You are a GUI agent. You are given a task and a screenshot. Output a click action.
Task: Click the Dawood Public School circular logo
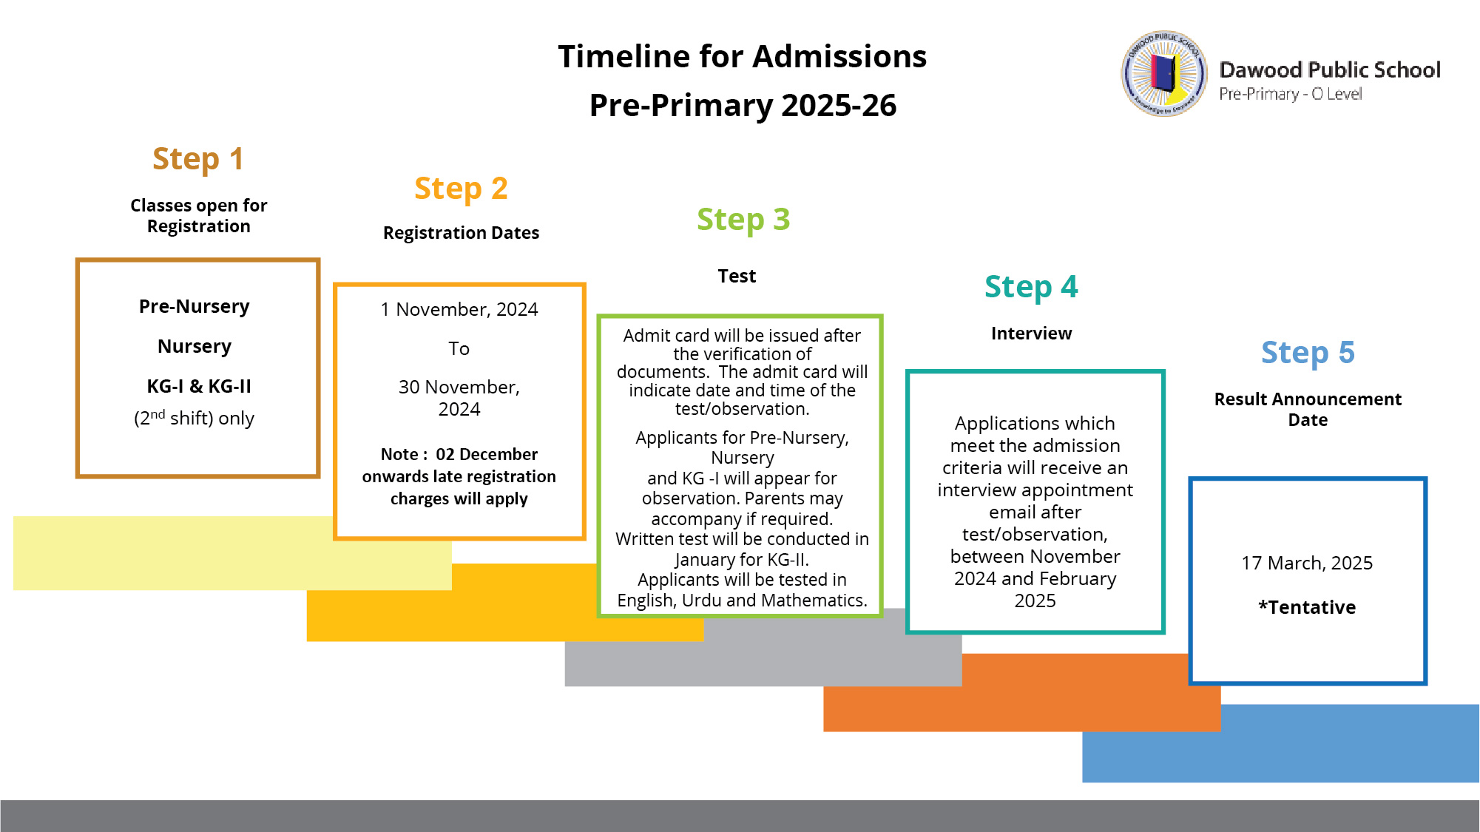[1164, 73]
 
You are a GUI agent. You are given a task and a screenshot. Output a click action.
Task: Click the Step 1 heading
[198, 160]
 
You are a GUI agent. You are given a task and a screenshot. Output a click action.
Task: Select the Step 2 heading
[461, 189]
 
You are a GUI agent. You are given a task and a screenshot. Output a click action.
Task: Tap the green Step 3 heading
[743, 220]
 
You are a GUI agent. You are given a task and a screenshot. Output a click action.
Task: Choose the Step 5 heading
[1308, 354]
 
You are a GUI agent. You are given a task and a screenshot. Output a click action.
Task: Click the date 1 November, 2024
[459, 310]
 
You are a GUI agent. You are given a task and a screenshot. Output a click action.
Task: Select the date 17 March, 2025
[1307, 564]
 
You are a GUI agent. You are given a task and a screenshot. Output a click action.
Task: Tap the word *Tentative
[1307, 607]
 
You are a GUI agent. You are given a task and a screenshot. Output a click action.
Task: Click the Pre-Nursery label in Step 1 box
[195, 307]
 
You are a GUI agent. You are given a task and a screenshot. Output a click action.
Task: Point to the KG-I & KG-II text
[199, 386]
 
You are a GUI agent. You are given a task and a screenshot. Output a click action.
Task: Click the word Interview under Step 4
[1031, 334]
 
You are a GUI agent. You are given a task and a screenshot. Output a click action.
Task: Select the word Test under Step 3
[737, 277]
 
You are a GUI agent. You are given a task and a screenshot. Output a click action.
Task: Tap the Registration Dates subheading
[461, 234]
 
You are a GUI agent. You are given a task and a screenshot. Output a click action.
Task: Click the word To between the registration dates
[459, 348]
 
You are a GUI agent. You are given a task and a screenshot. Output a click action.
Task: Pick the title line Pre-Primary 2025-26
[743, 106]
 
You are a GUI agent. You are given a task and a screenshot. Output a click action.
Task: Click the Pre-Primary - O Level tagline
[1291, 94]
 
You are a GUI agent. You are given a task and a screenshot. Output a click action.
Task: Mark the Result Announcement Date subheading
[1308, 410]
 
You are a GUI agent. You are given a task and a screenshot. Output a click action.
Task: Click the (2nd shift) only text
[194, 418]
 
